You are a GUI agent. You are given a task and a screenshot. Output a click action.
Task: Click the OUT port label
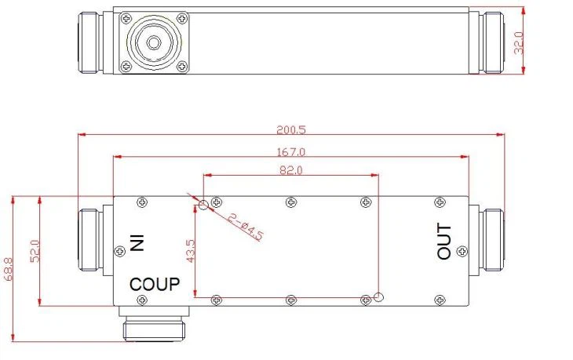click(x=444, y=242)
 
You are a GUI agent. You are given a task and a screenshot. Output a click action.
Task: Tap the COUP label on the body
click(x=155, y=283)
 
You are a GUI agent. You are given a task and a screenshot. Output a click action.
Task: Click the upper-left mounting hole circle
click(x=203, y=205)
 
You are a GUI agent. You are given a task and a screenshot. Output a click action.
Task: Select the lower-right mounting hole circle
click(x=379, y=297)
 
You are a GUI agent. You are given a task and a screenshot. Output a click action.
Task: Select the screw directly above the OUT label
click(x=439, y=202)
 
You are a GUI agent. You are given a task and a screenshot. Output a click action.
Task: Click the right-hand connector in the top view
click(x=492, y=42)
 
